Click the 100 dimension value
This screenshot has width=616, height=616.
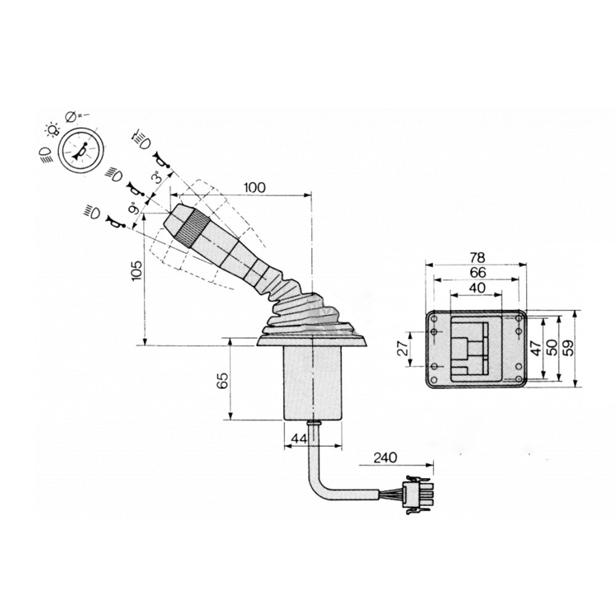tap(254, 188)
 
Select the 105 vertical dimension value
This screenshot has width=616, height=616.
tap(137, 270)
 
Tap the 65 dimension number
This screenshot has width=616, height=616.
tap(222, 380)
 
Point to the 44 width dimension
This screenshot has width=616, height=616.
tap(300, 439)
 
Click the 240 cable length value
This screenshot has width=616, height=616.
tap(385, 458)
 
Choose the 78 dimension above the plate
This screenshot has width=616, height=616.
tap(477, 257)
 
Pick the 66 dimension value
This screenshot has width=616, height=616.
tap(477, 272)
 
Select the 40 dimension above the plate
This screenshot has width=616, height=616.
tap(477, 288)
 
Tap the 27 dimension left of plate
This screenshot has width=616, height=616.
tap(402, 349)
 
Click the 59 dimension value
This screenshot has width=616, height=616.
tap(568, 347)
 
